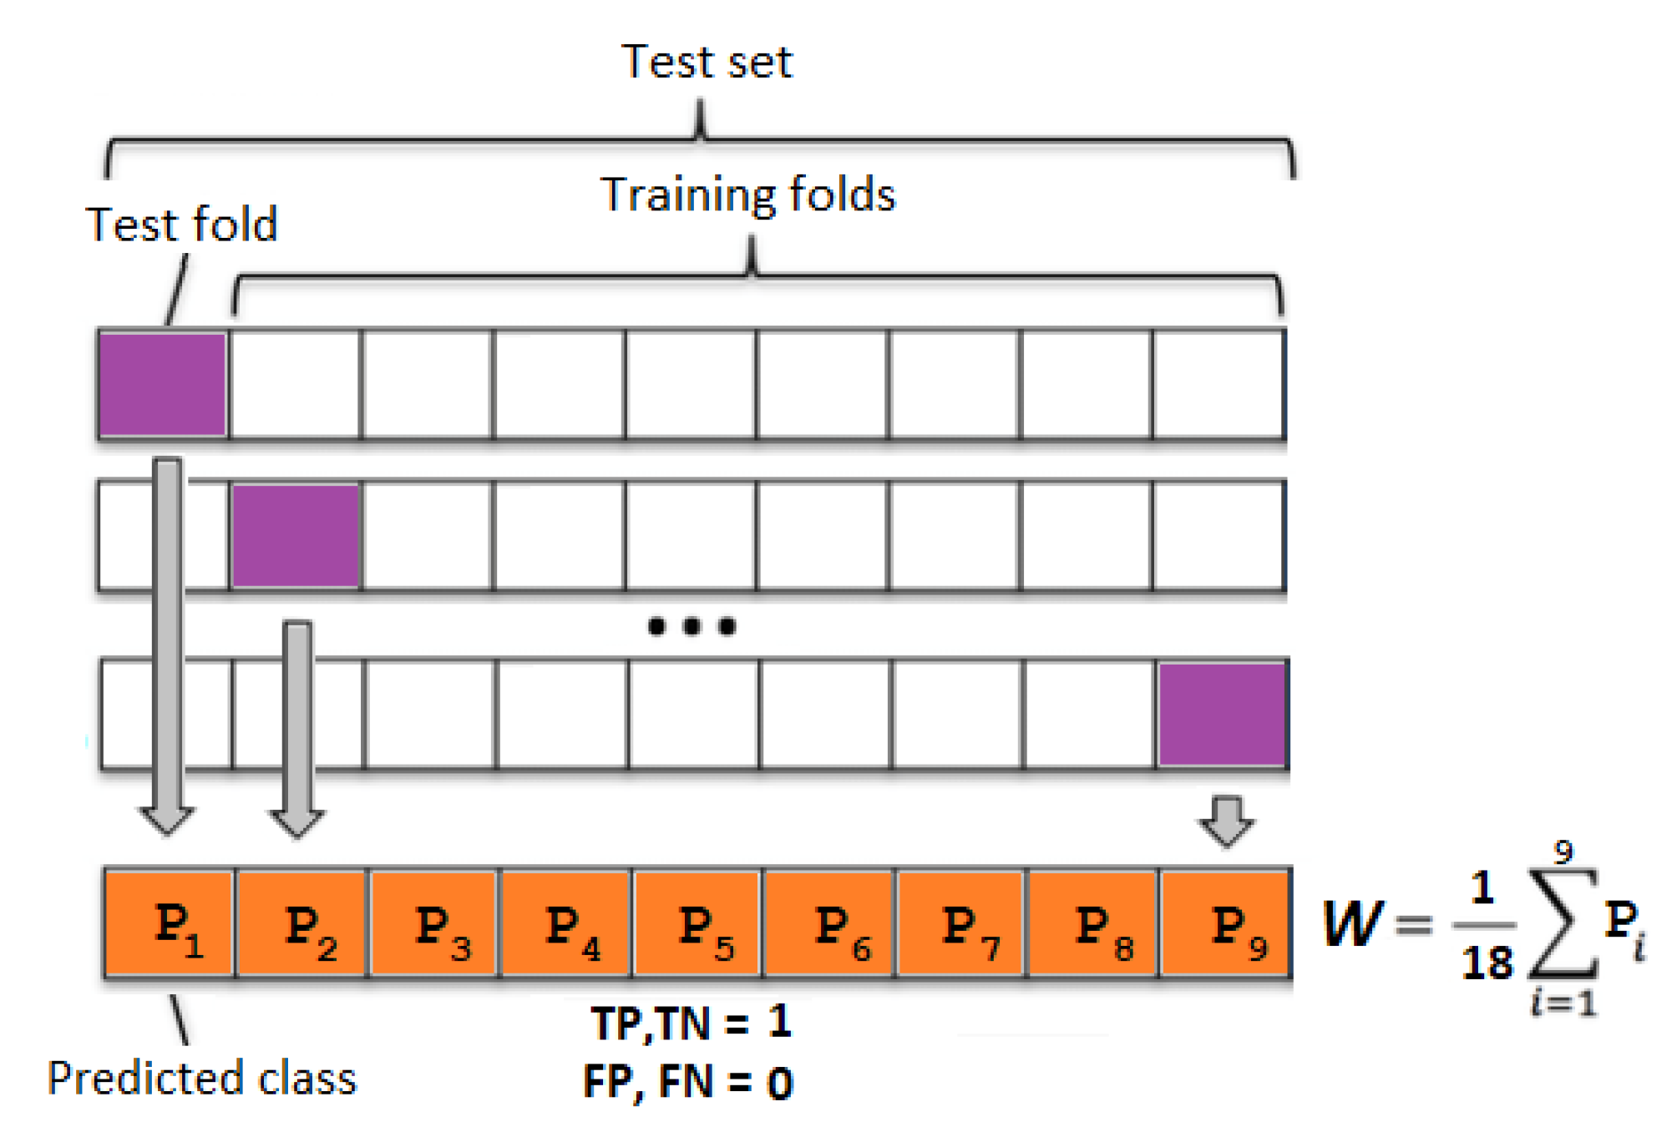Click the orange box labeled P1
point(169,922)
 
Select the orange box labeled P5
point(697,922)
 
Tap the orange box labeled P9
point(1226,922)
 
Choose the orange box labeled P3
point(433,922)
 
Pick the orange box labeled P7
point(960,922)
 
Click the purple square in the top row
point(162,385)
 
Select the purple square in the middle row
point(296,536)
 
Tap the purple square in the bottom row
point(1222,714)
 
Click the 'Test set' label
point(707,63)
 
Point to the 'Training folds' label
point(747,195)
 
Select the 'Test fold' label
point(181,225)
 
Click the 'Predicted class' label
point(202,1078)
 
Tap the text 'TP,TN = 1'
point(691,1022)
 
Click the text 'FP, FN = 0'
point(688,1082)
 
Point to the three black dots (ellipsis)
point(692,626)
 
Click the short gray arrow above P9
point(1226,821)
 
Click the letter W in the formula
point(1353,924)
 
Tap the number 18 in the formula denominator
point(1487,963)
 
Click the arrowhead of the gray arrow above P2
point(296,822)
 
